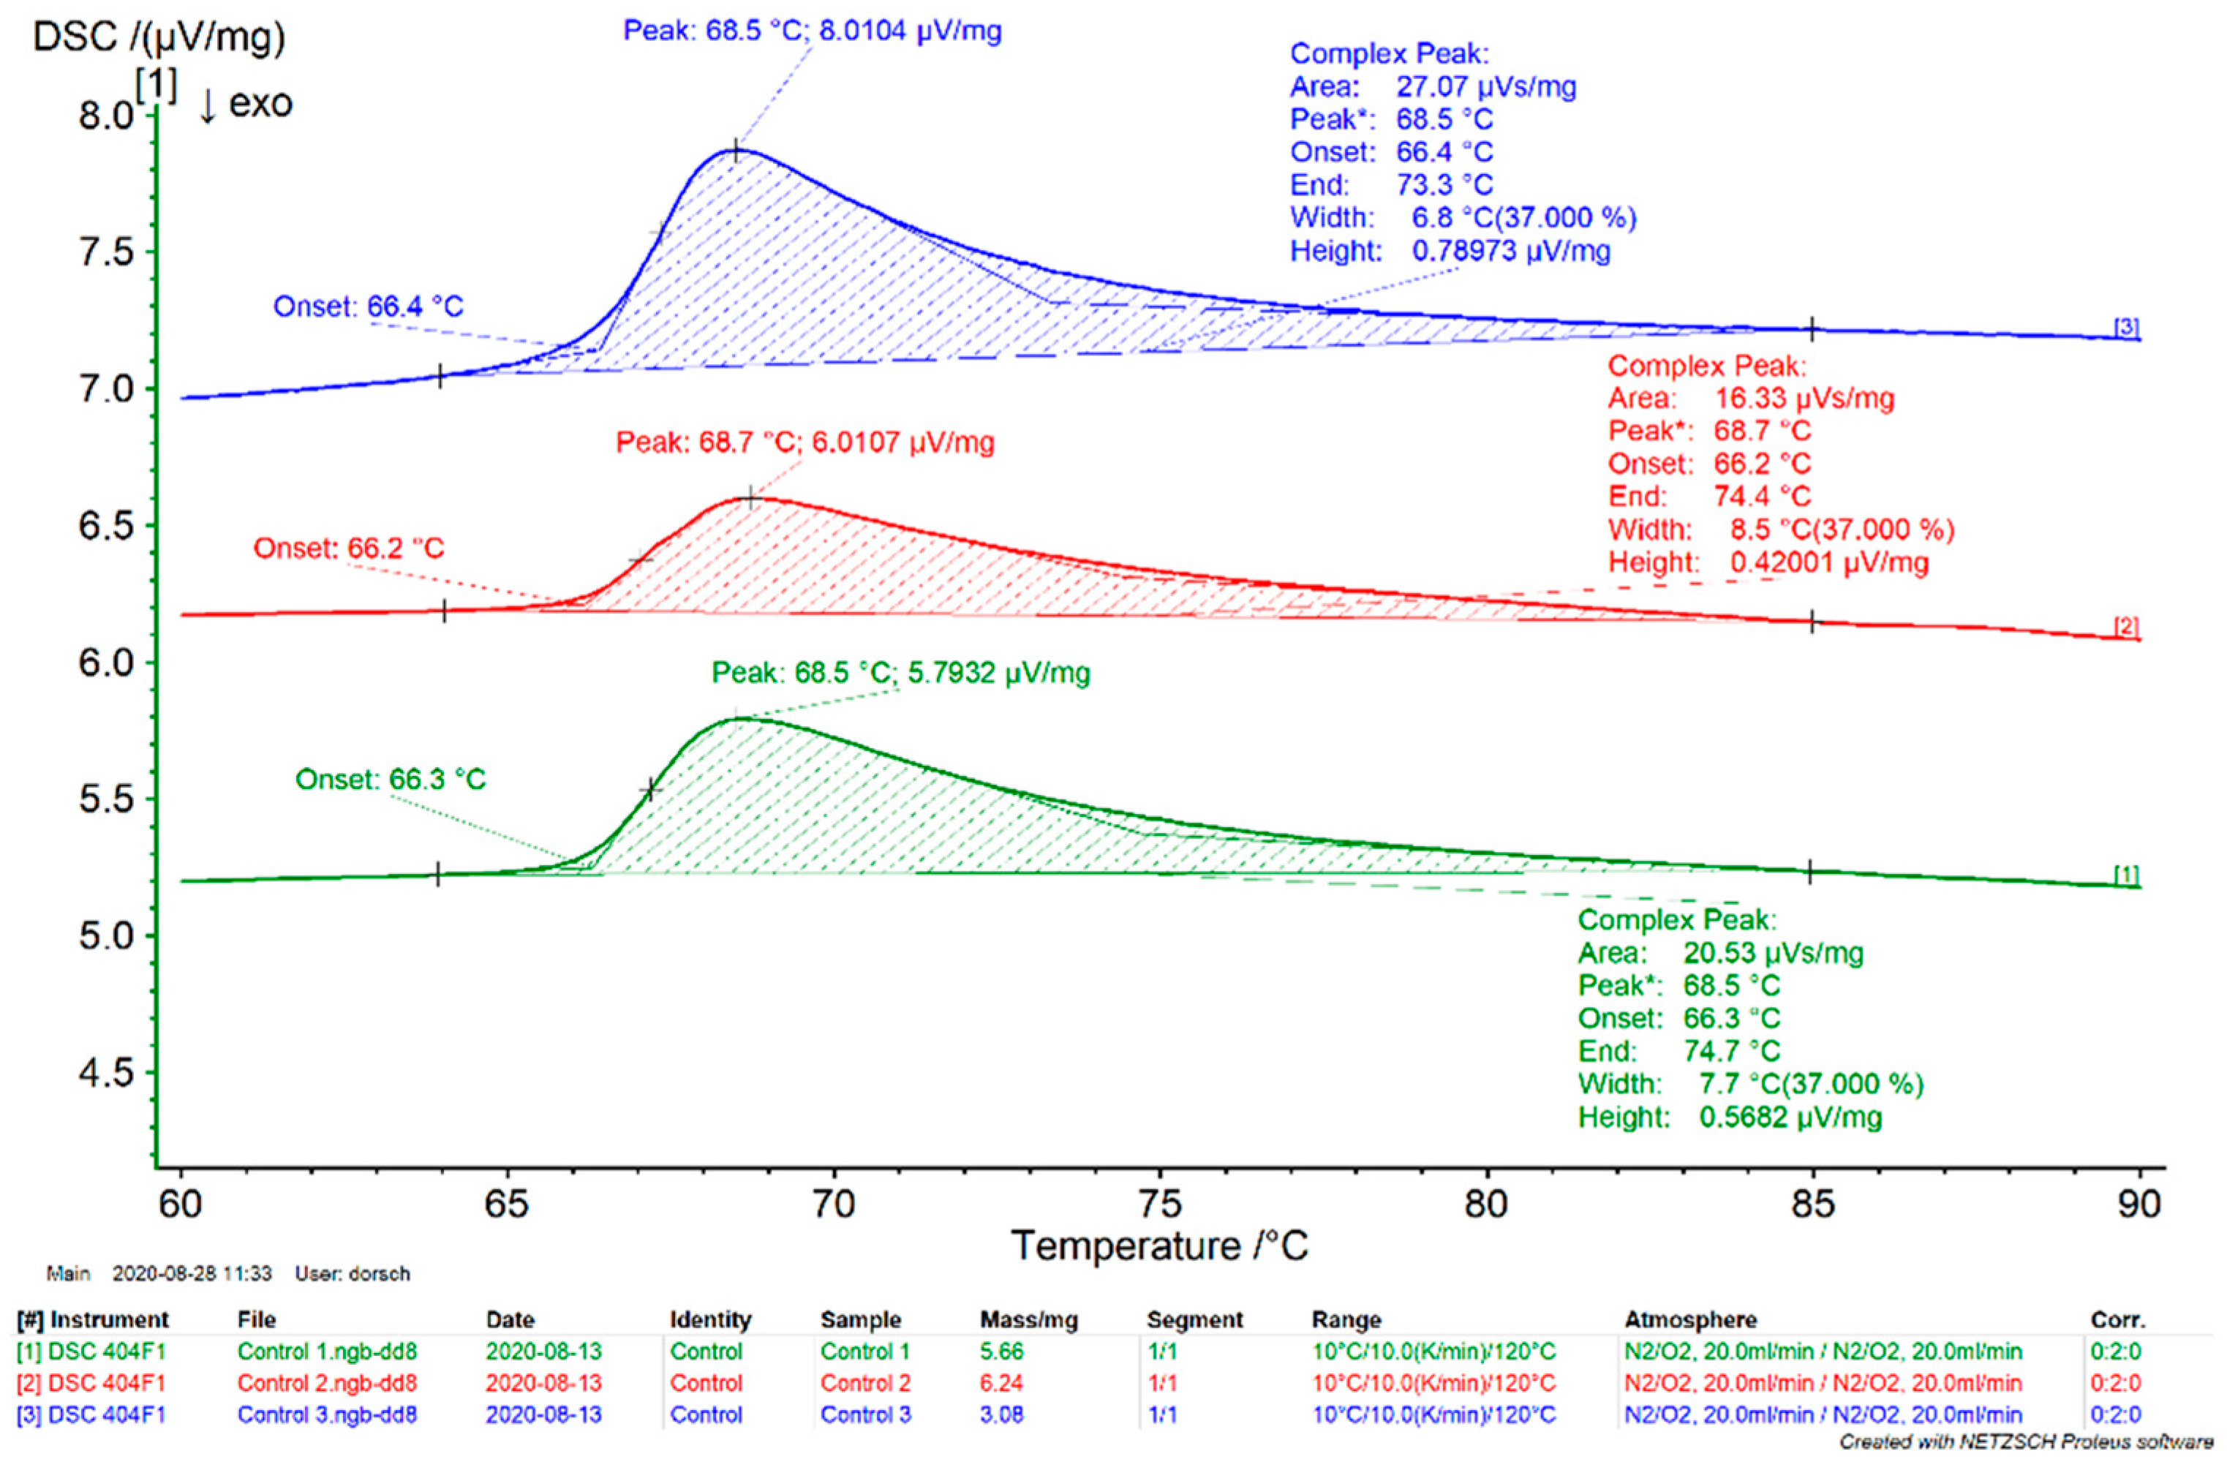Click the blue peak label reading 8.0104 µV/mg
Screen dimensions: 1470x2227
[812, 31]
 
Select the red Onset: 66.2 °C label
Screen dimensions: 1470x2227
[347, 549]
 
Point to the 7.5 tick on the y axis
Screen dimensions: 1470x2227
[105, 252]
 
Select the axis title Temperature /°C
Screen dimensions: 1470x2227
[1158, 1246]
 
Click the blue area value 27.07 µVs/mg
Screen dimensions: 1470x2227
[1485, 87]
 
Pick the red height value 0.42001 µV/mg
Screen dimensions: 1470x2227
[1828, 562]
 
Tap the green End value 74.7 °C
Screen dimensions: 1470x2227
[1730, 1051]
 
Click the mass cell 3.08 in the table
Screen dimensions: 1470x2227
[1001, 1414]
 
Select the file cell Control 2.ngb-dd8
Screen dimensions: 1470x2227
[326, 1384]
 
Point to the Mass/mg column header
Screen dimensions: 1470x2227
[1028, 1320]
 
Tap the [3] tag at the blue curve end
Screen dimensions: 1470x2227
[2126, 327]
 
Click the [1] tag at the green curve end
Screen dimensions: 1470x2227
[2126, 875]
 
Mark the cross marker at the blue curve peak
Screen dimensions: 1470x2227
[736, 151]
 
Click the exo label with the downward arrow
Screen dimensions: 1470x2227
[246, 103]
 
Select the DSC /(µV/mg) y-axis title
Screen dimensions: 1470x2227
[159, 37]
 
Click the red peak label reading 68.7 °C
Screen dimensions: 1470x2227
[804, 442]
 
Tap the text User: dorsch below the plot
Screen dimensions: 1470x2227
[353, 1274]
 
